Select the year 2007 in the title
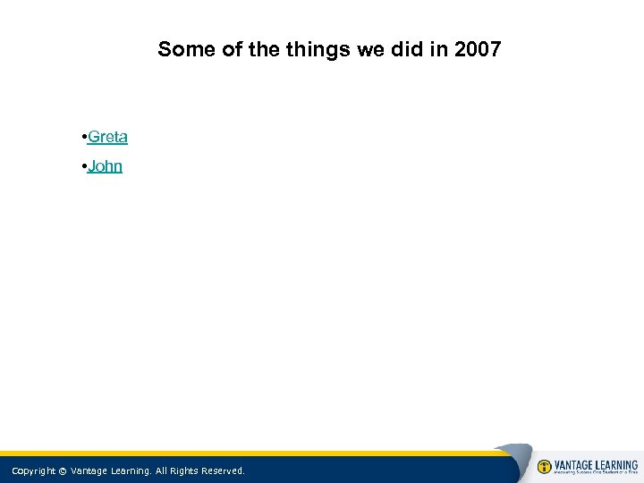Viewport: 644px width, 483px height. point(478,49)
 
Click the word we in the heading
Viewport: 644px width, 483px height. point(370,49)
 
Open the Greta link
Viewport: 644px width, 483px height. point(108,137)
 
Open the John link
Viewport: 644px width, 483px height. point(106,166)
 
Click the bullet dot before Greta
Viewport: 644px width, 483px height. point(82,137)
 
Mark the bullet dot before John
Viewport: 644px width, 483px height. point(82,166)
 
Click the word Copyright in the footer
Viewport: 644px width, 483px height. point(33,470)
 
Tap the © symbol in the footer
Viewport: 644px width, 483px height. point(63,470)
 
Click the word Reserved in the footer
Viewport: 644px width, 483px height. point(223,470)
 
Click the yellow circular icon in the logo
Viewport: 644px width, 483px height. point(545,467)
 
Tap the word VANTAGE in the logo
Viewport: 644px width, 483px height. point(575,465)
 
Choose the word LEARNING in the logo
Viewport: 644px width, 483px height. point(618,465)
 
